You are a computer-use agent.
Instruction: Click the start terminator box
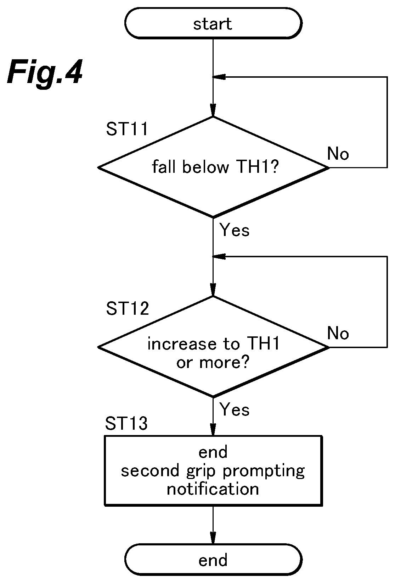pyautogui.click(x=213, y=23)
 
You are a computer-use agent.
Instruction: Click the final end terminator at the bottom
pyautogui.click(x=213, y=560)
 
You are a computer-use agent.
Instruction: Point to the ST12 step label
pyautogui.click(x=127, y=309)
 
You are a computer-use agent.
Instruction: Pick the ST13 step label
pyautogui.click(x=126, y=423)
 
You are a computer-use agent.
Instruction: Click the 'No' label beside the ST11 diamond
pyautogui.click(x=338, y=154)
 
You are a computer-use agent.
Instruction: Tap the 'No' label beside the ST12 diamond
pyautogui.click(x=338, y=333)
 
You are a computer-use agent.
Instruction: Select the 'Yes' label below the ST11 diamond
pyautogui.click(x=235, y=230)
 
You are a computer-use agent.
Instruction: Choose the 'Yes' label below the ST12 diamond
pyautogui.click(x=235, y=410)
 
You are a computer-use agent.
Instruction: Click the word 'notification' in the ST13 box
pyautogui.click(x=213, y=489)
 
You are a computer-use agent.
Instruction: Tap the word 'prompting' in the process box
pyautogui.click(x=264, y=472)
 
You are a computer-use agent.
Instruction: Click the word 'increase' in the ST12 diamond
pyautogui.click(x=182, y=343)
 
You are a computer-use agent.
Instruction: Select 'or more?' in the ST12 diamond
pyautogui.click(x=213, y=362)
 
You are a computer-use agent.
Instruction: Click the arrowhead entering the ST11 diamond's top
pyautogui.click(x=213, y=110)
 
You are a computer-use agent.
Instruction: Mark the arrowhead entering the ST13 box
pyautogui.click(x=213, y=429)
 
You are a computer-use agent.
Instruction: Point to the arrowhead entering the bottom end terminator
pyautogui.click(x=213, y=538)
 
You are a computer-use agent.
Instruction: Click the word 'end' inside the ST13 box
pyautogui.click(x=213, y=452)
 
